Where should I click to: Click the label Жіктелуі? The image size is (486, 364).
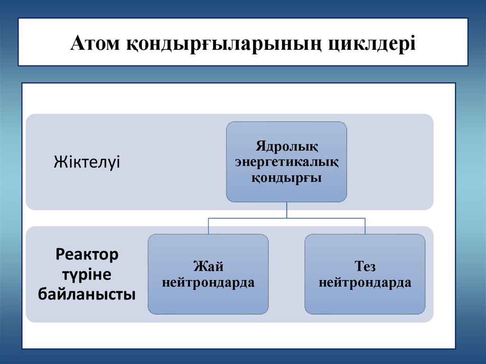pyautogui.click(x=87, y=162)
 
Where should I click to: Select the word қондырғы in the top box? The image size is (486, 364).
pyautogui.click(x=286, y=178)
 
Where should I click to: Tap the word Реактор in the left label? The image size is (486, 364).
pyautogui.click(x=87, y=254)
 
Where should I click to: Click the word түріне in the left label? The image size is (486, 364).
pyautogui.click(x=87, y=274)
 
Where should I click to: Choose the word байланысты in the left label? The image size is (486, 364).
pyautogui.click(x=87, y=294)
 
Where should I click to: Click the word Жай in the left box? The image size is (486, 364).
pyautogui.click(x=208, y=266)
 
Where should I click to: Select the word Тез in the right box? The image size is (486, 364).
pyautogui.click(x=364, y=266)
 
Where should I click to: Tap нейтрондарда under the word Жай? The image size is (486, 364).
pyautogui.click(x=208, y=283)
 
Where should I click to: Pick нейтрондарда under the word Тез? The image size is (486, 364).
pyautogui.click(x=364, y=283)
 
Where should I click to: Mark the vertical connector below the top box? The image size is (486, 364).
pyautogui.click(x=286, y=210)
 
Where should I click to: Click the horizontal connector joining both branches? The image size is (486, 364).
pyautogui.click(x=247, y=218)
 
